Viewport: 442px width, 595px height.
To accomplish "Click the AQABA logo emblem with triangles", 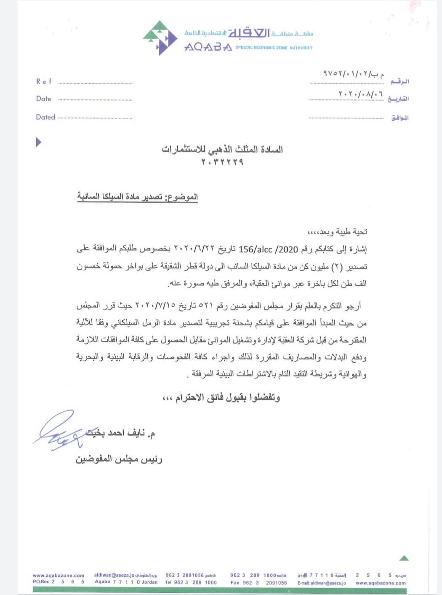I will pyautogui.click(x=160, y=38).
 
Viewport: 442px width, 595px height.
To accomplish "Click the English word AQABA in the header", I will pyautogui.click(x=208, y=47).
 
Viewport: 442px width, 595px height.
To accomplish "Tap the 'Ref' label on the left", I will pyautogui.click(x=44, y=81).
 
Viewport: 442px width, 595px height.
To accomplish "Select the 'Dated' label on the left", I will pyautogui.click(x=45, y=117).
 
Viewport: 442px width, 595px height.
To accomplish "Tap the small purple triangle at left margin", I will pyautogui.click(x=39, y=142).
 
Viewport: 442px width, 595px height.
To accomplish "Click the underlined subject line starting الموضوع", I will pyautogui.click(x=137, y=197).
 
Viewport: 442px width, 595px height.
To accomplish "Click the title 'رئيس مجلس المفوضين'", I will pyautogui.click(x=119, y=459).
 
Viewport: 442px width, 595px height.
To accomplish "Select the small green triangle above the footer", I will pyautogui.click(x=404, y=558).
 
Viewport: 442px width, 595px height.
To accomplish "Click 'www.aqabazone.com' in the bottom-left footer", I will pyautogui.click(x=59, y=575).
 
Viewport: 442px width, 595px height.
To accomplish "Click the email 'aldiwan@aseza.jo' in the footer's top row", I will pyautogui.click(x=114, y=575).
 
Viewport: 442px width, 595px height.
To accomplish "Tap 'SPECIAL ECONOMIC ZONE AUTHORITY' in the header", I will pyautogui.click(x=274, y=48).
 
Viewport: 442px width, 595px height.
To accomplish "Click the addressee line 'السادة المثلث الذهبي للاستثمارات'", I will pyautogui.click(x=222, y=150).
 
